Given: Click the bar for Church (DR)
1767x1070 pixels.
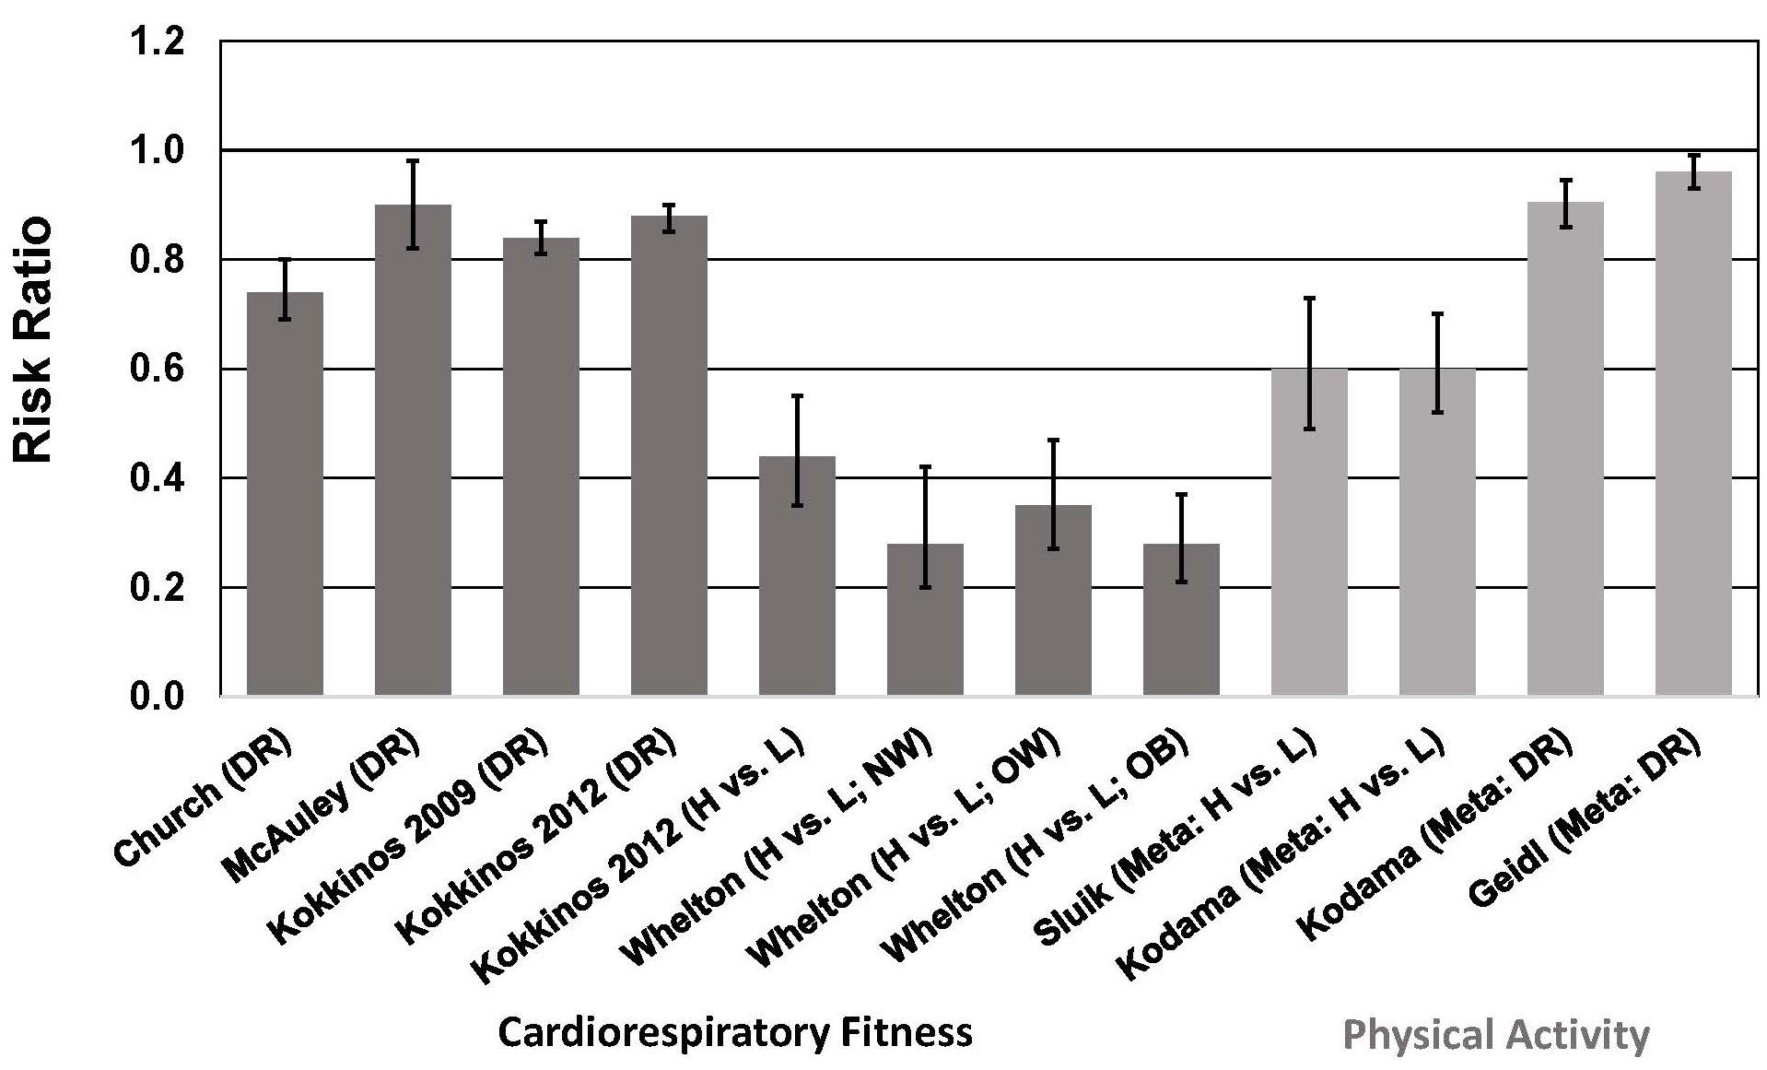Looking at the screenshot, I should [285, 493].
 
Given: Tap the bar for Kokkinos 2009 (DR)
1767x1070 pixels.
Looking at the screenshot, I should [541, 466].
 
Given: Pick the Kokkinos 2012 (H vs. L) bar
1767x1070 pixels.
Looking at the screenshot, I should [797, 575].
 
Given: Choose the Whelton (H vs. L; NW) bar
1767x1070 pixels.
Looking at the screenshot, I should [925, 619].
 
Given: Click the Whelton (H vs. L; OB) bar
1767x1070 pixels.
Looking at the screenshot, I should [1181, 619].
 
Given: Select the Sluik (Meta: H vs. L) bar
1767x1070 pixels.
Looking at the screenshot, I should [1309, 532].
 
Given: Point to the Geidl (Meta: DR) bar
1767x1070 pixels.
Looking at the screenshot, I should [1693, 433].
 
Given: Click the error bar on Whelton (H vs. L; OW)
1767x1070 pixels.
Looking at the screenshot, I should [1053, 494].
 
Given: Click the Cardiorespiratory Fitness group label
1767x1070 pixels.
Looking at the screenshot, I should [734, 1032].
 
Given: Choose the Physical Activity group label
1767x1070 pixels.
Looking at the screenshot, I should [1496, 1035].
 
